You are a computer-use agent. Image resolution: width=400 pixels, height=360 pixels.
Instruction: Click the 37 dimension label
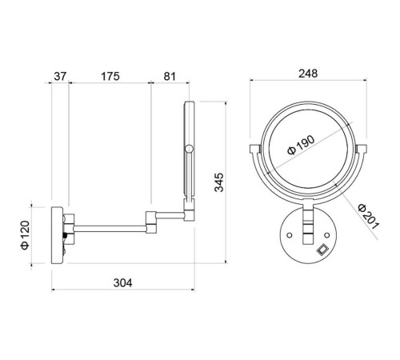tap(60, 77)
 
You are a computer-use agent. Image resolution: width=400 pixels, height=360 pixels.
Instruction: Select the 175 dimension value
tap(110, 77)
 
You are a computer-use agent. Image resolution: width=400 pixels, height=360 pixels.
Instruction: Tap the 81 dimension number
tap(170, 77)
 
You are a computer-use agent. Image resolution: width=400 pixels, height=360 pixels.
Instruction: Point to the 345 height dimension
tap(219, 182)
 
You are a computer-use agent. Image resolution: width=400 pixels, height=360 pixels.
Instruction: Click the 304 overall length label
tap(122, 282)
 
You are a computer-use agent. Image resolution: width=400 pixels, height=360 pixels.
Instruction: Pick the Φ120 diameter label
tap(25, 235)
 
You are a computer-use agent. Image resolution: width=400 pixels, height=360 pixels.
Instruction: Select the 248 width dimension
tap(308, 74)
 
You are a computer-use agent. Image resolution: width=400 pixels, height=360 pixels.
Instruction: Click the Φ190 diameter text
tap(302, 145)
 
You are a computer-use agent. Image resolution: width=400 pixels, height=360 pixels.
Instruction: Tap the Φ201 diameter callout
tap(369, 217)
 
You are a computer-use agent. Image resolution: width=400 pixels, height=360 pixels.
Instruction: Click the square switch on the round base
tap(322, 250)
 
